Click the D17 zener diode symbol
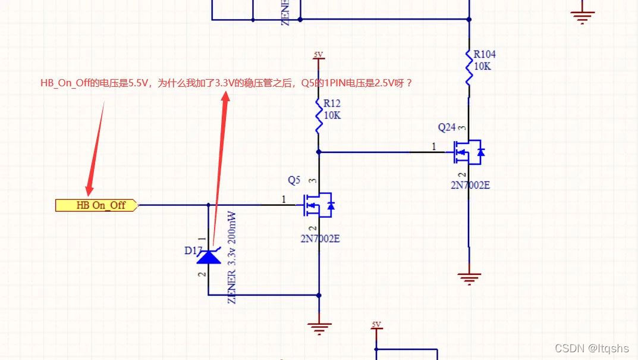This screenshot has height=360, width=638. (x=208, y=257)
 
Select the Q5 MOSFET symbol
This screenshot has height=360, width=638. (x=318, y=205)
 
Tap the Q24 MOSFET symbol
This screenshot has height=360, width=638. (x=466, y=152)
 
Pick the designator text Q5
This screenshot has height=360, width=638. (x=294, y=180)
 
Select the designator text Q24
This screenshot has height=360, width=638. (x=447, y=127)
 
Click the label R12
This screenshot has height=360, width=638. (x=332, y=104)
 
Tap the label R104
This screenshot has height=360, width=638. (x=484, y=54)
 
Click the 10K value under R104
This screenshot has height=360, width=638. (x=482, y=66)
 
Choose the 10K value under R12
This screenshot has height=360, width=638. (x=332, y=115)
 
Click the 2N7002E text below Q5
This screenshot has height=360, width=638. (x=320, y=239)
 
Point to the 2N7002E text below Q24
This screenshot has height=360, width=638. (x=470, y=185)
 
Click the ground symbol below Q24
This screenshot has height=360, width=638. (x=469, y=277)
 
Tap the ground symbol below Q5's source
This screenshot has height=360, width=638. (x=319, y=326)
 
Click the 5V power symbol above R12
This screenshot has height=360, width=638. (x=319, y=55)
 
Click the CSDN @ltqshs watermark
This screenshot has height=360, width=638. (x=591, y=348)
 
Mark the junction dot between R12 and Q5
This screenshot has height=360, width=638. (x=319, y=152)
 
